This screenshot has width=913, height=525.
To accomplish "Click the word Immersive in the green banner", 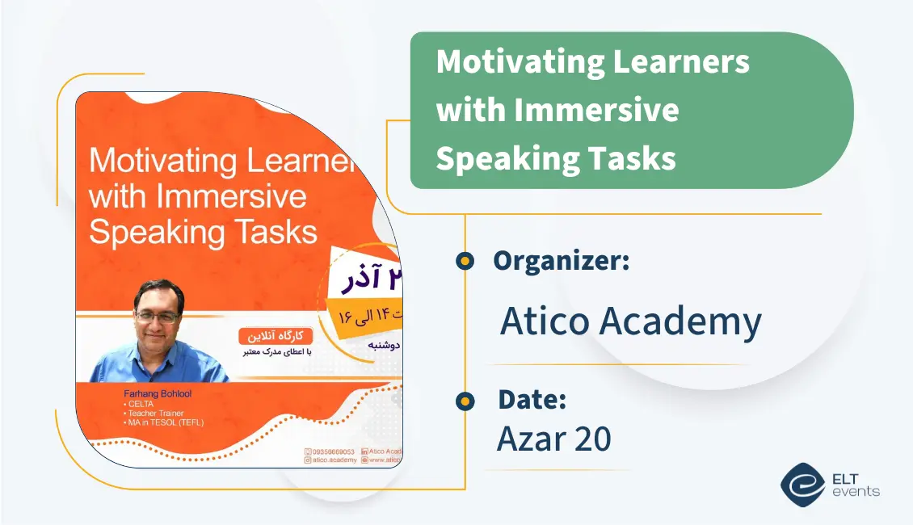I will (596, 111).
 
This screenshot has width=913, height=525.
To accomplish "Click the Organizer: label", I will (561, 261).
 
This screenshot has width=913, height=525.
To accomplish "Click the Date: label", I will (532, 400).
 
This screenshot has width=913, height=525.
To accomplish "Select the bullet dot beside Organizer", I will (465, 261).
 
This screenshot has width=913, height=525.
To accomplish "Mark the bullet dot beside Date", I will (465, 401).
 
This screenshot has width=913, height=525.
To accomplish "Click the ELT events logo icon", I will (802, 484).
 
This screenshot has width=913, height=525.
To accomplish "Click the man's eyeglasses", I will (158, 317).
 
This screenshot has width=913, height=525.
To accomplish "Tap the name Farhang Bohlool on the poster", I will (158, 393).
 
